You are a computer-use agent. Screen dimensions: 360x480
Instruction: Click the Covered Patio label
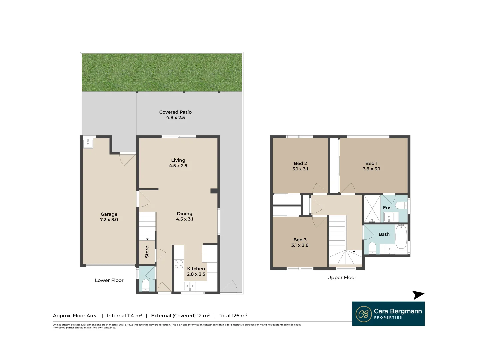[175, 112]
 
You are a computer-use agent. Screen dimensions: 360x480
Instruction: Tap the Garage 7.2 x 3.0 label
[109, 217]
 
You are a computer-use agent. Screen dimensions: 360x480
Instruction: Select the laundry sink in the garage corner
[88, 144]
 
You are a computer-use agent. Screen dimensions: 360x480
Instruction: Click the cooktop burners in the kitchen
[179, 264]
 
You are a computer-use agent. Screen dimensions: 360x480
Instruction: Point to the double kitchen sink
[190, 286]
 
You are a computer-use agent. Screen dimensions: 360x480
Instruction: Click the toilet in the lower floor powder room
[146, 285]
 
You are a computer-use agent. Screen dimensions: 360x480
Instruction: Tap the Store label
[147, 252]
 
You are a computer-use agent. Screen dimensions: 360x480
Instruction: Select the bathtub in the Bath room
[401, 237]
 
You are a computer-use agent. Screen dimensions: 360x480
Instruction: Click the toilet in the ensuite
[401, 205]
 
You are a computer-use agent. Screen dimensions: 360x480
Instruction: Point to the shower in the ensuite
[372, 209]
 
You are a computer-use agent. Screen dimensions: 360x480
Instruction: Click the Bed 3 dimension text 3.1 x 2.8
[300, 245]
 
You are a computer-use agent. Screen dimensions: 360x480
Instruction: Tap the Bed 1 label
[371, 163]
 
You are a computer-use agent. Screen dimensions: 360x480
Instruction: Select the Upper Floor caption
[342, 278]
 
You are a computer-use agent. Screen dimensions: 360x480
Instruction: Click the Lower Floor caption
[109, 280]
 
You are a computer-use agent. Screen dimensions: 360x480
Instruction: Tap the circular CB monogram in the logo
[364, 314]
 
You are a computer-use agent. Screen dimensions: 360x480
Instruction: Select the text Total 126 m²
[233, 316]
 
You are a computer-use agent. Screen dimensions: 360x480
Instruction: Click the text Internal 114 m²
[124, 316]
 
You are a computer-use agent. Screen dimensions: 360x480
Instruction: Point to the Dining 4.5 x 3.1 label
[185, 216]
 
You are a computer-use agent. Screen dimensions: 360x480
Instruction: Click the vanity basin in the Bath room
[389, 249]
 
